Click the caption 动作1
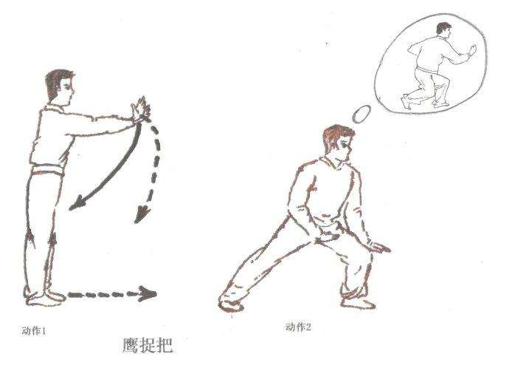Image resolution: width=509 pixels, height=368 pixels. pyautogui.click(x=34, y=331)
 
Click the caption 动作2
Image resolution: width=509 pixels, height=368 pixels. pyautogui.click(x=298, y=327)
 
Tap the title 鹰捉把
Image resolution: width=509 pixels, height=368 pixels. pyautogui.click(x=148, y=346)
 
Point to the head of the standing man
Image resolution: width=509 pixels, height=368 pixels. pyautogui.click(x=60, y=87)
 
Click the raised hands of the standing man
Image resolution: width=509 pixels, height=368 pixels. pyautogui.click(x=141, y=109)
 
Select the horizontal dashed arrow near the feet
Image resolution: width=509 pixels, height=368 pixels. pyautogui.click(x=112, y=294)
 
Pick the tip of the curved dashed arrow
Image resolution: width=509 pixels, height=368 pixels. pyautogui.click(x=136, y=222)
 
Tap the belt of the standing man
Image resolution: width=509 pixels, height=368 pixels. pyautogui.click(x=48, y=171)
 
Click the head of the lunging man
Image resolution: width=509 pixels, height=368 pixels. pyautogui.click(x=338, y=143)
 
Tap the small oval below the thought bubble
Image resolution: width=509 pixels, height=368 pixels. pyautogui.click(x=361, y=114)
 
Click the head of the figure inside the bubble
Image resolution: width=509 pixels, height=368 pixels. pyautogui.click(x=443, y=29)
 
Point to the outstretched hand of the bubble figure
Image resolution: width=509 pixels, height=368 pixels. pyautogui.click(x=472, y=50)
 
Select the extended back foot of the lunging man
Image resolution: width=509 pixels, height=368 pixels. pyautogui.click(x=230, y=301)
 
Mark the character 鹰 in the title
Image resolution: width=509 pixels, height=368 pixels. pyautogui.click(x=130, y=346)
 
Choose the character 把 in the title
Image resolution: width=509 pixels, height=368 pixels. pyautogui.click(x=165, y=346)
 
